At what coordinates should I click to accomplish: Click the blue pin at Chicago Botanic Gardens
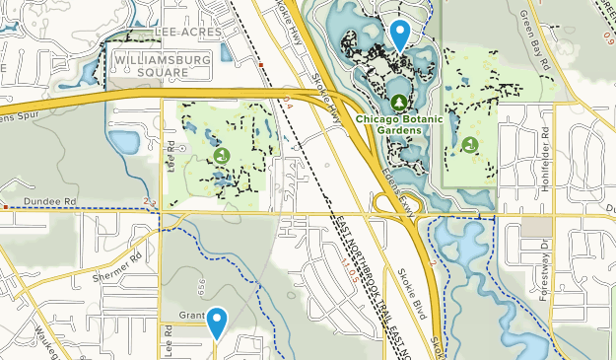click(399, 35)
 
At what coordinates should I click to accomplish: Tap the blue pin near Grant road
click(215, 323)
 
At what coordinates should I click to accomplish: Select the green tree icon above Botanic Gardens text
click(398, 103)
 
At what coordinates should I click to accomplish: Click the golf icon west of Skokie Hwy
click(221, 155)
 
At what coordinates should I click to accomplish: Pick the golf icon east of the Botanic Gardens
click(470, 144)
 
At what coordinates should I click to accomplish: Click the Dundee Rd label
click(56, 200)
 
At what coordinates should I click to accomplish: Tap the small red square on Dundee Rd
click(5, 207)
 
